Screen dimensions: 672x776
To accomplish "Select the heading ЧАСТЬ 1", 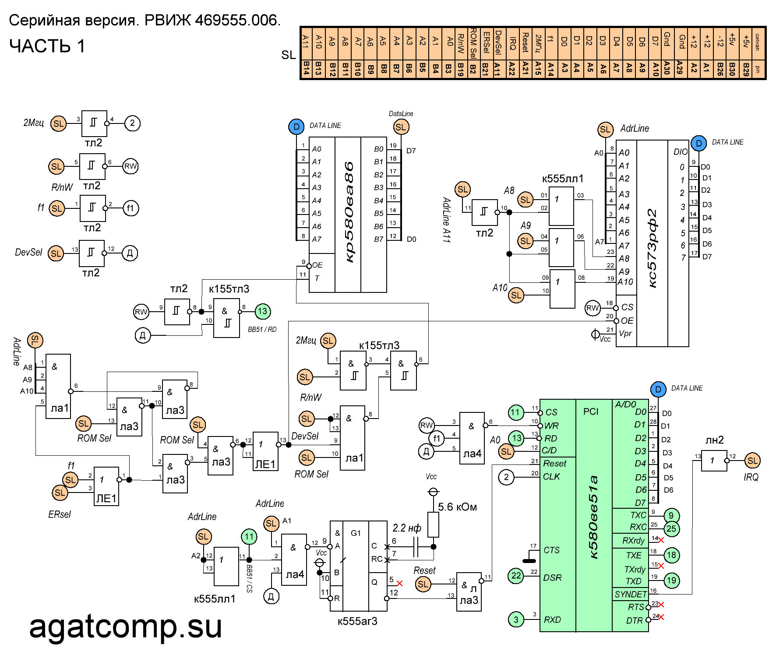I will click(47, 46).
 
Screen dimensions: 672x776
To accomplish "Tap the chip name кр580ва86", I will click(349, 212).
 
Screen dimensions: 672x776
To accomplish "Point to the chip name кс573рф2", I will click(652, 248).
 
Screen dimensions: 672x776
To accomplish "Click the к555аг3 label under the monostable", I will click(357, 621).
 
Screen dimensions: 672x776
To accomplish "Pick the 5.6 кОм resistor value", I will click(457, 507).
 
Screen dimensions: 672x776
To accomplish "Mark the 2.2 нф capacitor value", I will click(407, 528).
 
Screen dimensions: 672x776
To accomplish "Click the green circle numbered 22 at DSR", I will click(516, 576).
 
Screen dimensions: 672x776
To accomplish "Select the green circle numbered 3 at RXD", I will click(516, 619).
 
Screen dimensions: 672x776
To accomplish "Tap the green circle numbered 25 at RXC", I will click(671, 529).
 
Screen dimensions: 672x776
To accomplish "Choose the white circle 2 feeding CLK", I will click(506, 477).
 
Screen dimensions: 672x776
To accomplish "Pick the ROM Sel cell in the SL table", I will click(473, 43).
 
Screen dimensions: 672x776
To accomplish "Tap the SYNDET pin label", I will click(631, 594).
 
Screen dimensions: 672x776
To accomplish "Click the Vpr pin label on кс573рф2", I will click(625, 334).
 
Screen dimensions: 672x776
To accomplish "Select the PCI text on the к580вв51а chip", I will click(591, 412).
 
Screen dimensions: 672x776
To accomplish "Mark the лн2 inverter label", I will click(714, 440).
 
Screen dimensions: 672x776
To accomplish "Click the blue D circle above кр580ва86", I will click(296, 127).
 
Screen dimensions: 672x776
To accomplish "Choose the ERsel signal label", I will click(60, 514).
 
